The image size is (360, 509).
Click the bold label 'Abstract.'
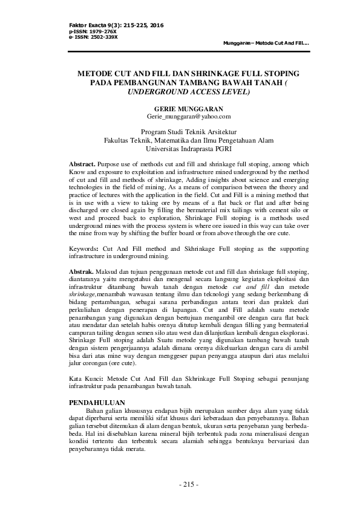[x=82, y=164]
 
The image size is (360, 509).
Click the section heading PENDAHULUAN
[x=97, y=403]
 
